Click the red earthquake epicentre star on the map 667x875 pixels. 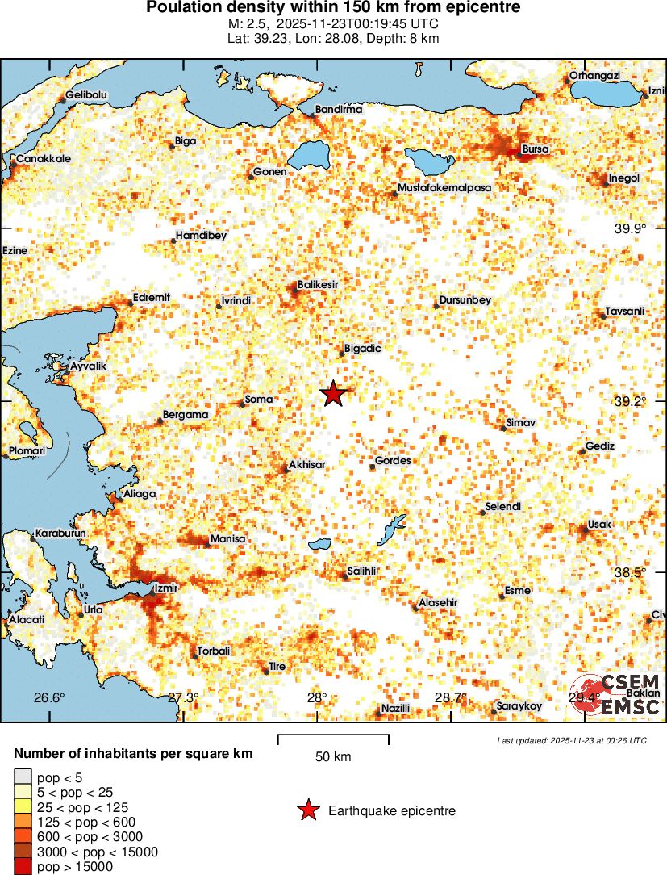[x=333, y=394]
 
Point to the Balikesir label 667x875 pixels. [x=317, y=285]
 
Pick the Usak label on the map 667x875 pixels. [x=600, y=525]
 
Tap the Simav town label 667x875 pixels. [x=520, y=422]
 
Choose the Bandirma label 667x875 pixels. [x=338, y=109]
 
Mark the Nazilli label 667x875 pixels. [x=396, y=708]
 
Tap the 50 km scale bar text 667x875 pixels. [x=332, y=757]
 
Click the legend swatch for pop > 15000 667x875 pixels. [x=21, y=866]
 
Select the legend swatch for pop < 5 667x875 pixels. [x=21, y=777]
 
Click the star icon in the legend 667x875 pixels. [x=307, y=811]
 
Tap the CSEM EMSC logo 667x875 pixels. [x=616, y=695]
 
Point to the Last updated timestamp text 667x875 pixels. [x=571, y=740]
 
